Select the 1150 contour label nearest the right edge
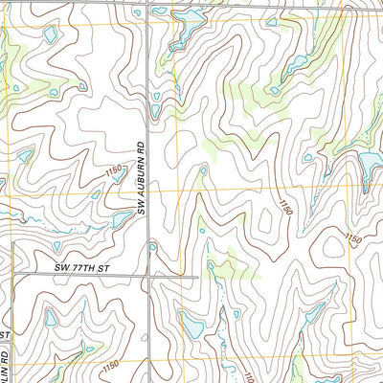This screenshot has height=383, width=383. [x=352, y=238]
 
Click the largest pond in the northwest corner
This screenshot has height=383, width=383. [x=49, y=35]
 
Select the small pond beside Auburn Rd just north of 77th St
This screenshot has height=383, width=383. [x=153, y=247]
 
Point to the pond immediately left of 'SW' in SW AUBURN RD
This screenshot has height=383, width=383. [x=122, y=219]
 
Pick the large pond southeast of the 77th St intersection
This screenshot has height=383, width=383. [x=191, y=327]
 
